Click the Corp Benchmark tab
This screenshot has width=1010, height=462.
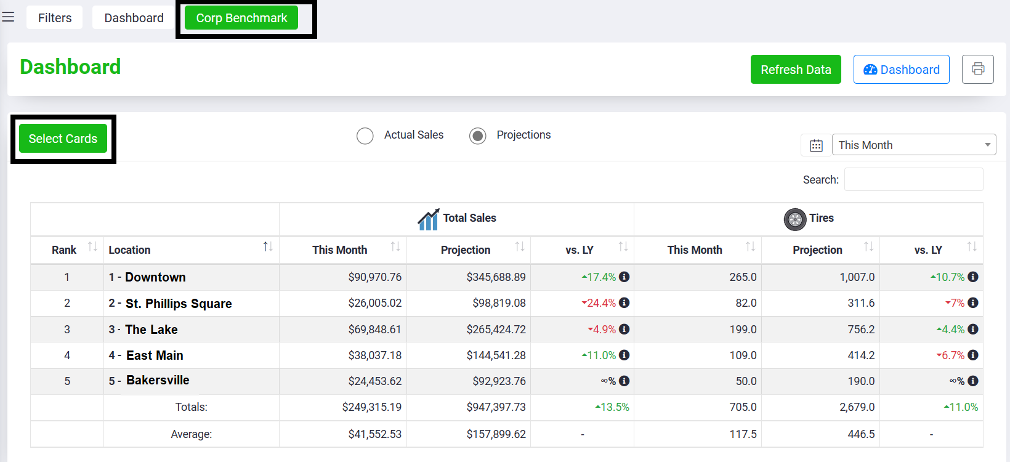coord(241,18)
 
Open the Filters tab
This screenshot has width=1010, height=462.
coord(55,18)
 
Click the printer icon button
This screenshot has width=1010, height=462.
coord(977,69)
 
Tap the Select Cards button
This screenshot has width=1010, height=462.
coord(63,139)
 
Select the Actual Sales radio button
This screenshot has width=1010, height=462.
coord(365,136)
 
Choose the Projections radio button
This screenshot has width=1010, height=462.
coord(477,136)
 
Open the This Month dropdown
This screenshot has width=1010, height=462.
coord(914,145)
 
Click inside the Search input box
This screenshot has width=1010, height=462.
coord(913,180)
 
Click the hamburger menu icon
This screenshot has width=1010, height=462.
coord(8,17)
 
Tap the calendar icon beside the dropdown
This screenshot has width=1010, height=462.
coord(816,145)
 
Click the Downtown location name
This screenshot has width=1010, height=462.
coord(155,277)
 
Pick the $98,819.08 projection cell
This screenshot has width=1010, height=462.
coord(499,303)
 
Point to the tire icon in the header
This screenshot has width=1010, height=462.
coord(795,220)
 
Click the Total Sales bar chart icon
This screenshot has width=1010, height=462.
coord(429,219)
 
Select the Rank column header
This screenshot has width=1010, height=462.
coord(64,250)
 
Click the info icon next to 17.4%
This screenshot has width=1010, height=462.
coord(624,277)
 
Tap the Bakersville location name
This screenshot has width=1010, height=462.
coord(158,380)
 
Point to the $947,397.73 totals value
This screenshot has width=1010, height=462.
coord(496,407)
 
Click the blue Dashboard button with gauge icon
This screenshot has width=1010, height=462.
coord(902,70)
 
